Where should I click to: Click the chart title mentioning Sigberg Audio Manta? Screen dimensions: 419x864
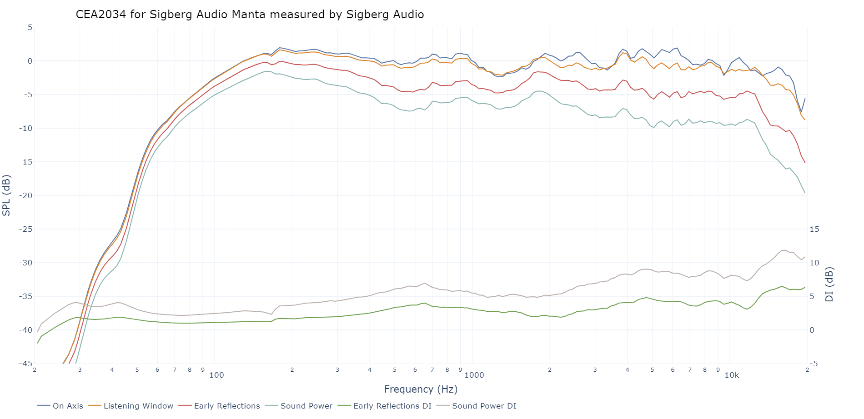pos(250,15)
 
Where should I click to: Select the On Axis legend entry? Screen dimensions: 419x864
pos(68,406)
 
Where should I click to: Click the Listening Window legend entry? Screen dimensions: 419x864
pos(138,406)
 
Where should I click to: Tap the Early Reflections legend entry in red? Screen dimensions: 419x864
pos(226,406)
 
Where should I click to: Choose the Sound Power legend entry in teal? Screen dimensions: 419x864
pos(306,406)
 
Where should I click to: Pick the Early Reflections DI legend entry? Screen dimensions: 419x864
pos(392,406)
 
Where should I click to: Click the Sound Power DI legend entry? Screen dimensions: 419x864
pos(484,406)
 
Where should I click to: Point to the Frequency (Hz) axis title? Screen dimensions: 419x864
pos(421,389)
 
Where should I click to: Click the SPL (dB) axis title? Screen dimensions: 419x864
pos(6,195)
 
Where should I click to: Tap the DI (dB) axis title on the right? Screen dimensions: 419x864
pos(829,284)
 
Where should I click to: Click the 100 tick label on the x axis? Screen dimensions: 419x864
pos(216,375)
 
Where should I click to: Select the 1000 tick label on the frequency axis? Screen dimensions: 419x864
pos(474,375)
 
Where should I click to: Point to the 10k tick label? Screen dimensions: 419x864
pos(732,375)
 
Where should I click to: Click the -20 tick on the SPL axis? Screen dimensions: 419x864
pos(25,195)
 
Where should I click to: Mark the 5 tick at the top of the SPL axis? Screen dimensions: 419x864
pos(30,27)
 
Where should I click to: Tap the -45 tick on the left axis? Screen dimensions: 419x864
pos(25,364)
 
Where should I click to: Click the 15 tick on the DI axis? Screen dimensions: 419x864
pos(814,229)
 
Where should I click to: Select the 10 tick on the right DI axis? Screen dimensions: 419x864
pos(814,263)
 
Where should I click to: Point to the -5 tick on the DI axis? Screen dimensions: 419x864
pos(814,364)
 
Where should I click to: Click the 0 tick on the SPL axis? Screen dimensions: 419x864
pos(30,61)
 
